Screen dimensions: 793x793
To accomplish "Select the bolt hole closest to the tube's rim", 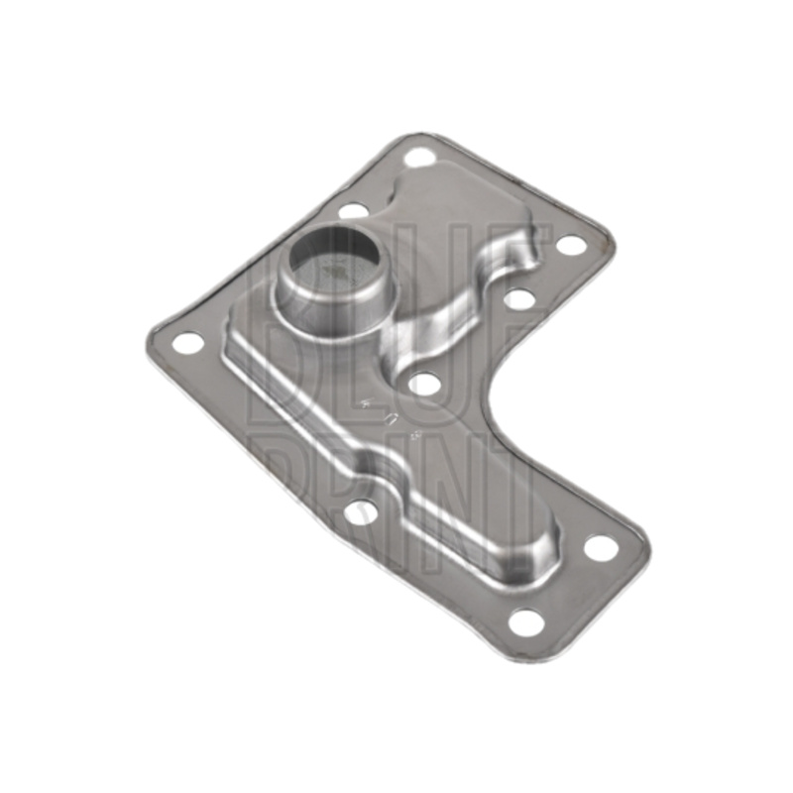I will [352, 210].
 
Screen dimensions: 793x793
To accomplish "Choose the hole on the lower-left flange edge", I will [363, 511].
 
